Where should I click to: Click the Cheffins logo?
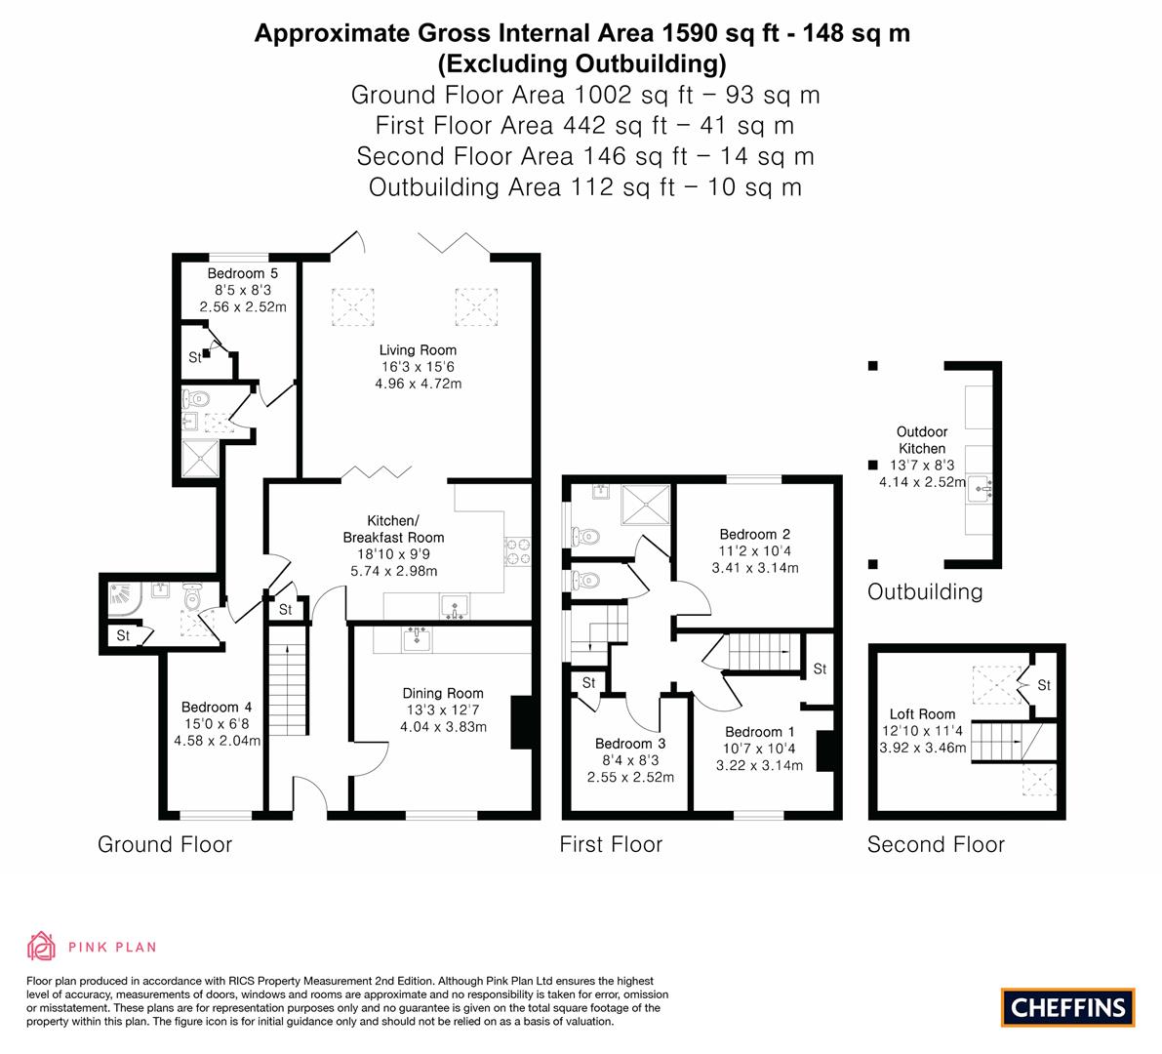tap(1067, 1007)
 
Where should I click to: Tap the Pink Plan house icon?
tap(42, 946)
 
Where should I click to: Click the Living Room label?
tap(418, 349)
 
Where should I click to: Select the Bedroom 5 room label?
tap(242, 273)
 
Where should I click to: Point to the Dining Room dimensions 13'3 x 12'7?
tap(442, 710)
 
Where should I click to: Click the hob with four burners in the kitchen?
tap(517, 552)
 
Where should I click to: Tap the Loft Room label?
tap(923, 713)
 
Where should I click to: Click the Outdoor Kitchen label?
tap(922, 439)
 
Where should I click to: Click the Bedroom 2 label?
tap(755, 534)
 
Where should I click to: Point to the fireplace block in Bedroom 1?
tap(825, 751)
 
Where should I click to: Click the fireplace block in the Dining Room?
tap(522, 722)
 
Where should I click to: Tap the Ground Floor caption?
tap(165, 844)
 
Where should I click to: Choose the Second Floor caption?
tap(936, 844)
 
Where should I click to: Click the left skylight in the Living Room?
tap(353, 306)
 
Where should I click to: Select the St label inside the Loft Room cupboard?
tap(1044, 685)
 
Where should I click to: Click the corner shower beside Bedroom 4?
tap(125, 600)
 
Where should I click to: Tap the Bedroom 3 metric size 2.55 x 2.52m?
tap(630, 778)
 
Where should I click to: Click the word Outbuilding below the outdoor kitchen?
tap(925, 591)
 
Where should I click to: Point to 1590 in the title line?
tap(691, 33)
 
